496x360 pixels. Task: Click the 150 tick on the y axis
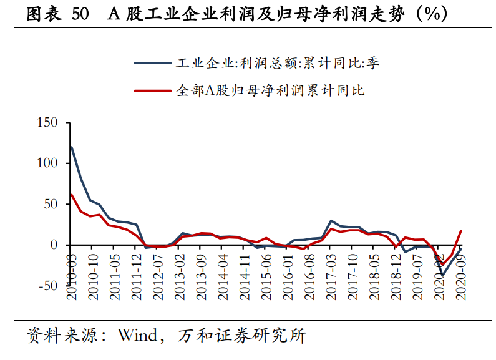pos(47,122)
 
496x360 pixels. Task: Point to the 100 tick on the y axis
pos(47,163)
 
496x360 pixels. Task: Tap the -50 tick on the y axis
pos(47,286)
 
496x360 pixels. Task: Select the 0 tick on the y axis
pos(54,245)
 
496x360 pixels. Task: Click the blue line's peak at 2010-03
pos(72,147)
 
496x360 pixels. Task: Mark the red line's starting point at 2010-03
pos(72,195)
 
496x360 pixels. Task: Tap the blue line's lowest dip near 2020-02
pos(442,275)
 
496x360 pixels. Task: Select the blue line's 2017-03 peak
pos(331,221)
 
